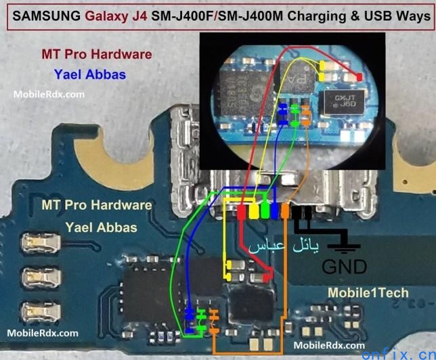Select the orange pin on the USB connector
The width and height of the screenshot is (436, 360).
coord(285,211)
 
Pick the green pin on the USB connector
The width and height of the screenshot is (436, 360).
coord(265,211)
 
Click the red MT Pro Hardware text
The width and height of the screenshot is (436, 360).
coord(96,53)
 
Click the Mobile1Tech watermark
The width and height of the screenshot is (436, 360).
coord(368,292)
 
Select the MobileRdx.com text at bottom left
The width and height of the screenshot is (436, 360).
coord(42,333)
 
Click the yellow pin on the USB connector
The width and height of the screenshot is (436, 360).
coord(254,211)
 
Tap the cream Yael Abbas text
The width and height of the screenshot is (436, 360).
coord(101,227)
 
